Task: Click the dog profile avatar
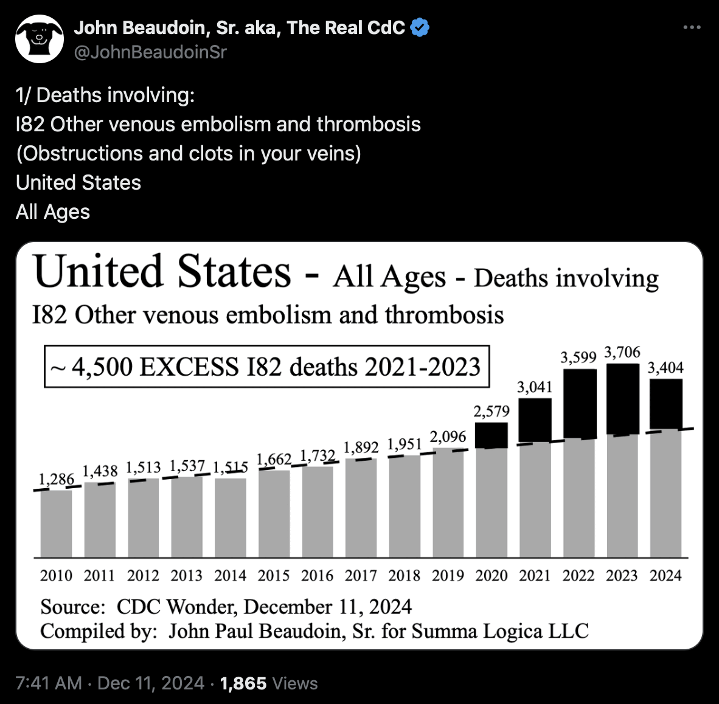[x=40, y=39]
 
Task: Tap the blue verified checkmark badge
[x=420, y=28]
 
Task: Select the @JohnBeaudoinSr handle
[x=150, y=52]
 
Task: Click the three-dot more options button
[x=692, y=28]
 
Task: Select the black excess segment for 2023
[x=623, y=399]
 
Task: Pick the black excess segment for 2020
[x=491, y=435]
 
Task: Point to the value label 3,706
[x=622, y=353]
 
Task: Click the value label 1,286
[x=57, y=479]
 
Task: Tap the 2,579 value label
[x=491, y=412]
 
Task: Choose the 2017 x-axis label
[x=361, y=575]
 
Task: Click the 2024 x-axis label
[x=665, y=575]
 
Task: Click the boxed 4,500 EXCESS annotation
[x=267, y=367]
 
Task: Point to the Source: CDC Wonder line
[x=226, y=607]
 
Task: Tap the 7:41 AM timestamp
[x=49, y=683]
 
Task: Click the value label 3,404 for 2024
[x=665, y=368]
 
